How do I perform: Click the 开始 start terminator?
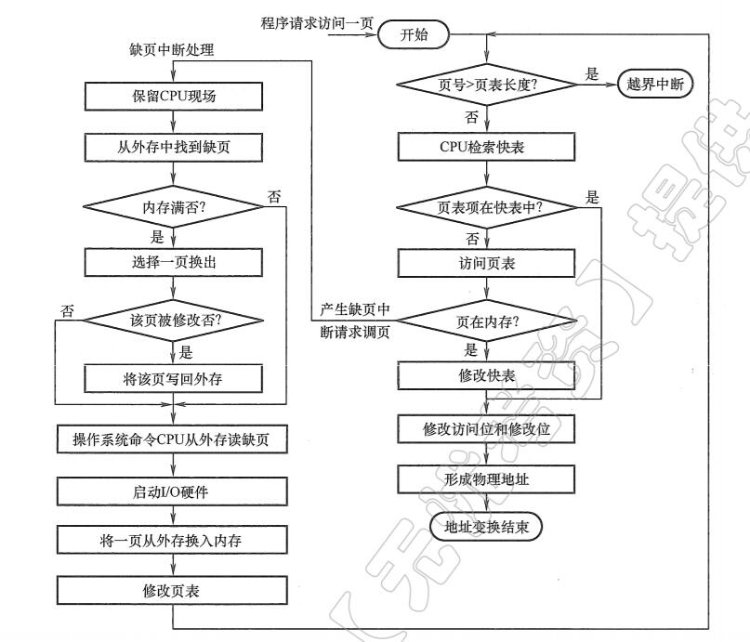[414, 34]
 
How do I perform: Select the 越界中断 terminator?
[655, 84]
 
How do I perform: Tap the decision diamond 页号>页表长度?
[486, 84]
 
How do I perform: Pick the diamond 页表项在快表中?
[486, 206]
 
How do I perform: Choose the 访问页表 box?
[486, 264]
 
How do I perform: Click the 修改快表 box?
[486, 375]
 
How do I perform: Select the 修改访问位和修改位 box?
[486, 428]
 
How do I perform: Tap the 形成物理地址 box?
[486, 479]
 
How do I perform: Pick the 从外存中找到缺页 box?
[174, 146]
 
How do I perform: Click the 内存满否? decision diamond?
[174, 206]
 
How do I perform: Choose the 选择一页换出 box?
[174, 262]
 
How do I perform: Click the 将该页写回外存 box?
[174, 378]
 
